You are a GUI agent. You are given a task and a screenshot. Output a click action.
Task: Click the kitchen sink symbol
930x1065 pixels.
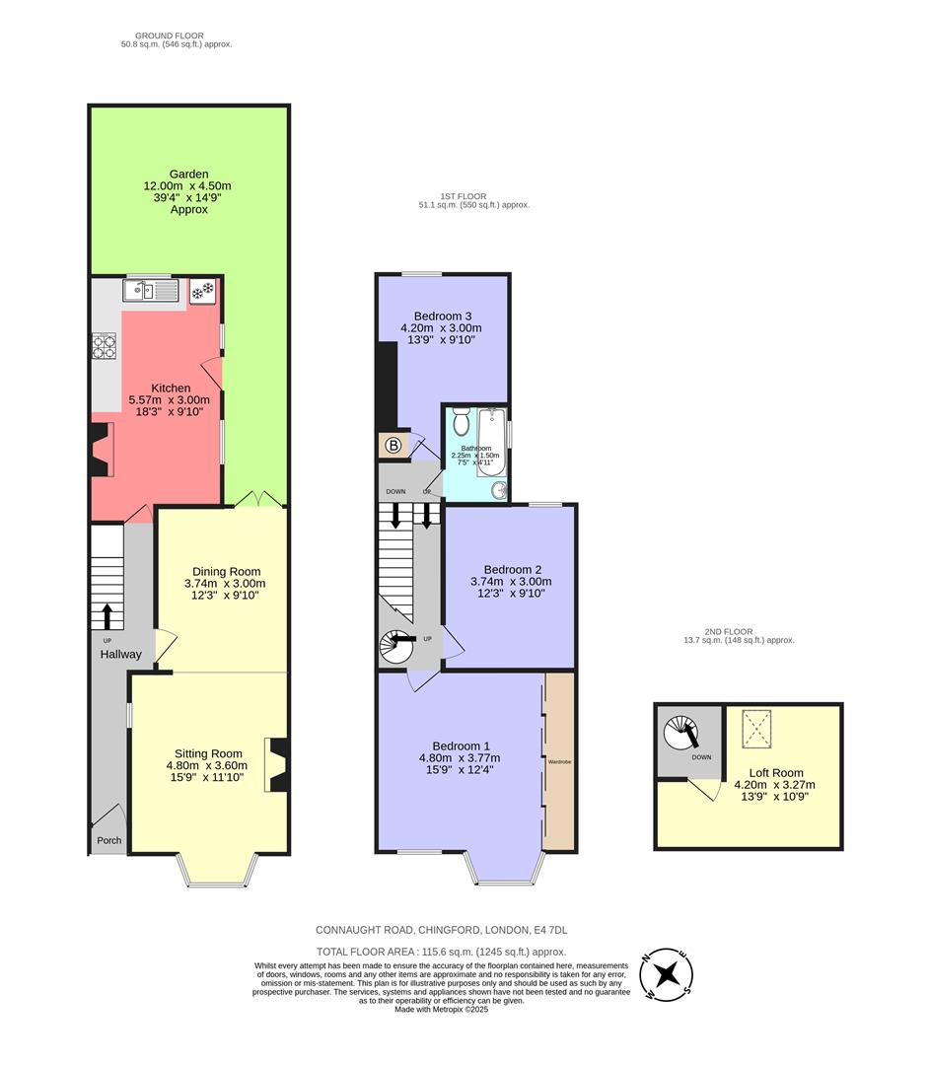(149, 291)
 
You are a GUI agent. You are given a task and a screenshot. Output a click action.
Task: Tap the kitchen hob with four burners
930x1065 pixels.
(105, 346)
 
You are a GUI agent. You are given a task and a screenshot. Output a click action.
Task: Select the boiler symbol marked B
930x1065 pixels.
(393, 446)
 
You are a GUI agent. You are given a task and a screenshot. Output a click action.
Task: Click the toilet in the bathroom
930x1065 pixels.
(462, 424)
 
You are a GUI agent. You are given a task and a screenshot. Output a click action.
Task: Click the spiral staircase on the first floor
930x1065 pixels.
(397, 647)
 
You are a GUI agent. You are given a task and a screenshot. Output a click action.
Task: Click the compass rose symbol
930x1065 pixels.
(668, 976)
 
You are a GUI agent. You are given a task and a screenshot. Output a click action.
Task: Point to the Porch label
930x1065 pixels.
(107, 841)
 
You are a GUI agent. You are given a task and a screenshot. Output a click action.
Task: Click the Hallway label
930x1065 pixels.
(119, 655)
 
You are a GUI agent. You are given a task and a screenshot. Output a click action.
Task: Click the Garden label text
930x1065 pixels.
(187, 174)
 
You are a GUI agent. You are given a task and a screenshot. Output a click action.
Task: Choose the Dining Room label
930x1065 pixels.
(226, 571)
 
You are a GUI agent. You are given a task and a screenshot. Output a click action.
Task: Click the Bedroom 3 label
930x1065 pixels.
(441, 315)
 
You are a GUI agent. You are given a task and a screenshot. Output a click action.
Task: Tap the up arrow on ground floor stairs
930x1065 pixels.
(107, 617)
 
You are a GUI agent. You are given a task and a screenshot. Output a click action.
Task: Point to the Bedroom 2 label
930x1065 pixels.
(512, 569)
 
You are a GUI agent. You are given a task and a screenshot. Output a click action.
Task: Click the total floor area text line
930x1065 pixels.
(440, 952)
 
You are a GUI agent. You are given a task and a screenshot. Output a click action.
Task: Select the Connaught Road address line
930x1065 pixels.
(441, 930)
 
